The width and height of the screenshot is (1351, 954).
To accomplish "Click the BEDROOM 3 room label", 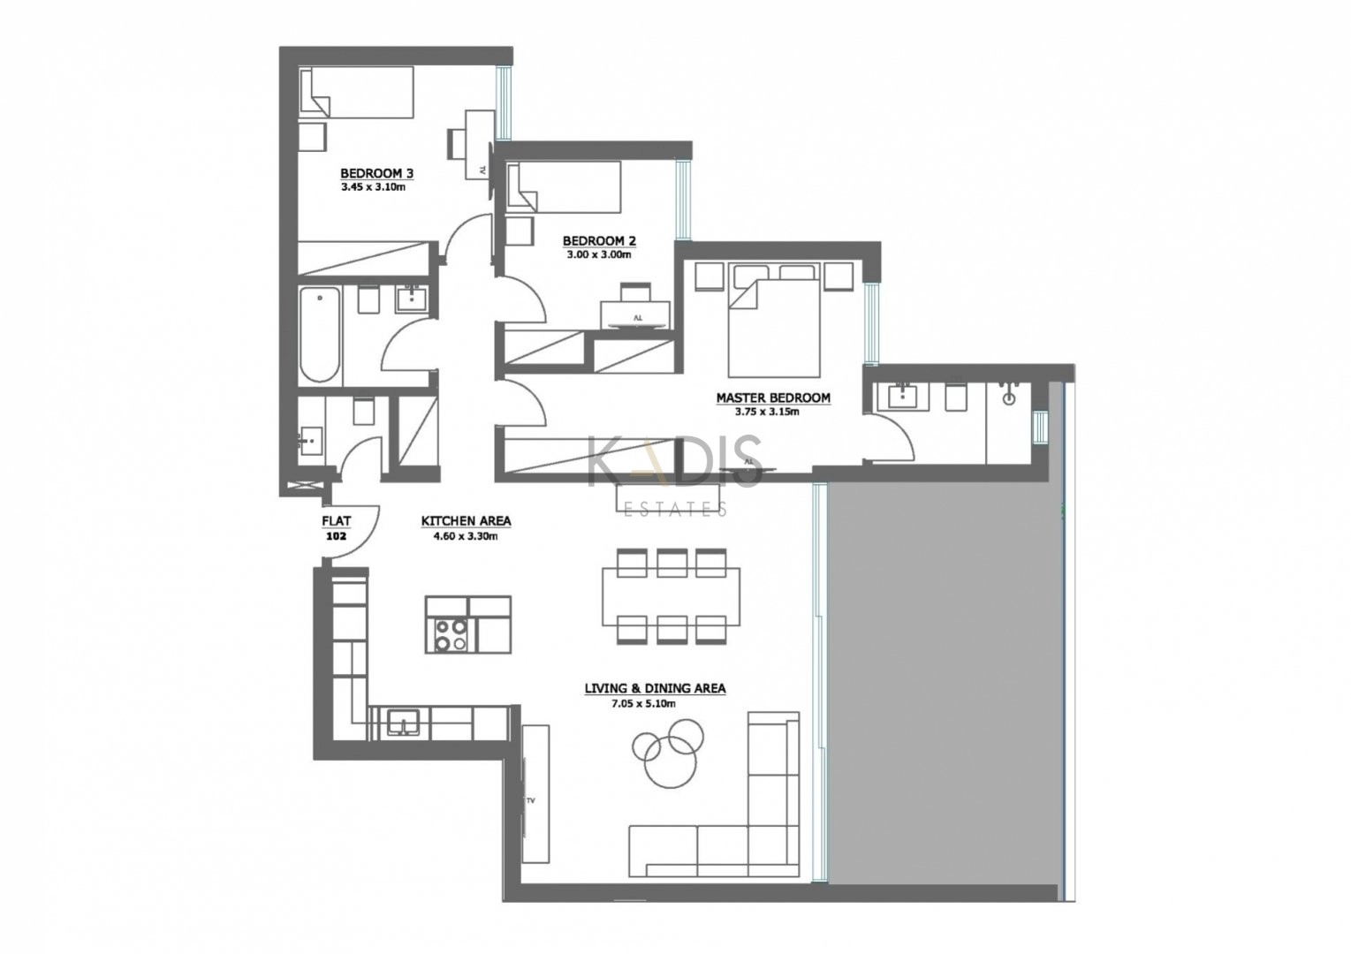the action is tap(377, 174).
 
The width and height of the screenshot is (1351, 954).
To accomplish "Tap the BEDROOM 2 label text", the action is tap(599, 241).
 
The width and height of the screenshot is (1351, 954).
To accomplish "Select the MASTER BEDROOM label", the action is tap(773, 398).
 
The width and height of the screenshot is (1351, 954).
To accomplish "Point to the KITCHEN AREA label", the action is tap(466, 521).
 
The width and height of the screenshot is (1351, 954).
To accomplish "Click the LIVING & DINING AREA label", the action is tap(655, 689).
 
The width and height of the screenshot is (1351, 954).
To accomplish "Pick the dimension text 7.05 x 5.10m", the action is tap(643, 704).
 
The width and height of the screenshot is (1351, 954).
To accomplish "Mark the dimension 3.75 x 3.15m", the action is tap(767, 413).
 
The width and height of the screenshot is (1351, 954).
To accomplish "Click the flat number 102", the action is tap(336, 536).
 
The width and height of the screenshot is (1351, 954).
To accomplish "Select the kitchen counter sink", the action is tap(404, 722).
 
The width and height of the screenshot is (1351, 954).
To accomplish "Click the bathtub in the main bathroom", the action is tap(319, 335).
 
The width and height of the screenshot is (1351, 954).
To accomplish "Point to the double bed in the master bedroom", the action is tap(774, 320).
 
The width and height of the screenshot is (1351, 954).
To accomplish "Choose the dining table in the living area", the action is tap(672, 596).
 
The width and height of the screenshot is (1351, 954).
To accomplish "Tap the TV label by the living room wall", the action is tap(531, 801).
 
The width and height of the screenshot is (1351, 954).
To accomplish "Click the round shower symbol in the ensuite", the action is tap(1008, 398).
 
